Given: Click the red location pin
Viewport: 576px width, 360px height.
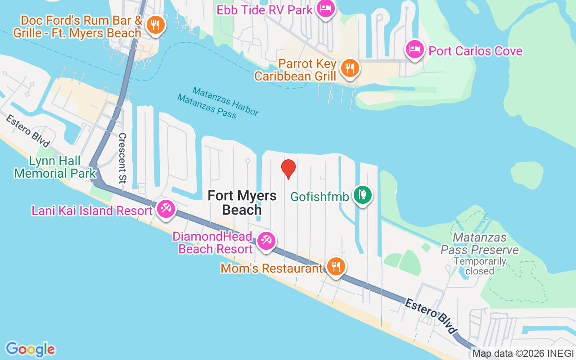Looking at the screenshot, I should click(288, 169).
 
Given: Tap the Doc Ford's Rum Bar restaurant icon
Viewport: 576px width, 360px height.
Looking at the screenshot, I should click(156, 26).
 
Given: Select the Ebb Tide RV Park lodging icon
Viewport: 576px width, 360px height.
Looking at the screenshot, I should click(325, 8).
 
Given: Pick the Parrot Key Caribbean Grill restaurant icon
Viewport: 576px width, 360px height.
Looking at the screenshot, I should click(349, 68).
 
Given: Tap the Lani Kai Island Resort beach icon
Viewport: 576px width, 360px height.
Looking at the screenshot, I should click(166, 209).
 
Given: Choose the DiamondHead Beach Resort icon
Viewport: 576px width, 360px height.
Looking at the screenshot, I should click(266, 241).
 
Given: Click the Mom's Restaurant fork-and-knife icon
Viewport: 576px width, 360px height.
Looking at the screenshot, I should click(335, 267).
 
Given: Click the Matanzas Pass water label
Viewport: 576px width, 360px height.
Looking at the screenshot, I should click(207, 106).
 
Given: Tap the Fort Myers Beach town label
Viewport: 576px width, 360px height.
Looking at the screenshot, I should click(242, 202).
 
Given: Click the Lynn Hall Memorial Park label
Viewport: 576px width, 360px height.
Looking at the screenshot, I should click(55, 167).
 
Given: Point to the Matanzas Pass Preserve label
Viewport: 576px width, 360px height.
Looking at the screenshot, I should click(479, 243).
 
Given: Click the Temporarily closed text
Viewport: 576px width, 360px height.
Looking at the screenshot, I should click(480, 266).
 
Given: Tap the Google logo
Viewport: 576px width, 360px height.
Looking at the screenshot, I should click(31, 349).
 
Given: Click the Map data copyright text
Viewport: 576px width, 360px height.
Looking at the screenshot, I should click(523, 353).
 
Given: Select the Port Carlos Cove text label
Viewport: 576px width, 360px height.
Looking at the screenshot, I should click(476, 51).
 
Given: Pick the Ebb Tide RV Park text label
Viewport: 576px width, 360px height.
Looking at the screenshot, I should click(265, 9).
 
